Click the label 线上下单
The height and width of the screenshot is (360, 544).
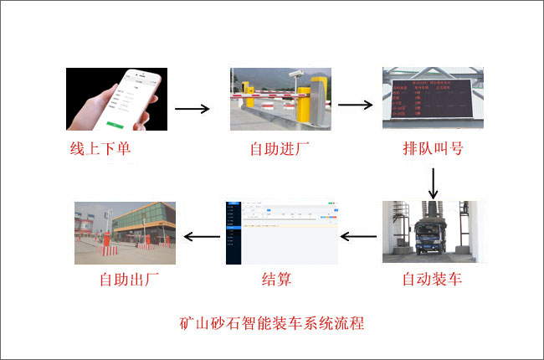(100, 151)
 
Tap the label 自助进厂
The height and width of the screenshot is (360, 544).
(280, 151)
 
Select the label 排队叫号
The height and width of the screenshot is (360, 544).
(433, 150)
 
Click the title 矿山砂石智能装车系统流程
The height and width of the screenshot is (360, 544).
(272, 323)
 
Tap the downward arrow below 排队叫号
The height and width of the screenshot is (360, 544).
(433, 182)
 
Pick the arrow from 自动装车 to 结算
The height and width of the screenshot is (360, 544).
(358, 237)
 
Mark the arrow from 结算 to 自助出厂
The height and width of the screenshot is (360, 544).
(202, 237)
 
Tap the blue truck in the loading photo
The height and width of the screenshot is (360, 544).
(432, 235)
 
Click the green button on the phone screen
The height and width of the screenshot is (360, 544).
(119, 125)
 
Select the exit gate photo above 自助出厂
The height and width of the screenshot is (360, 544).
(126, 232)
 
